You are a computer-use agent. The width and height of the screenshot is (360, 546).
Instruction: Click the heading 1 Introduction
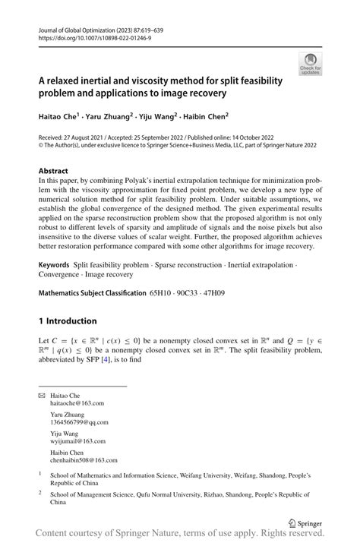pyautogui.click(x=68, y=320)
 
